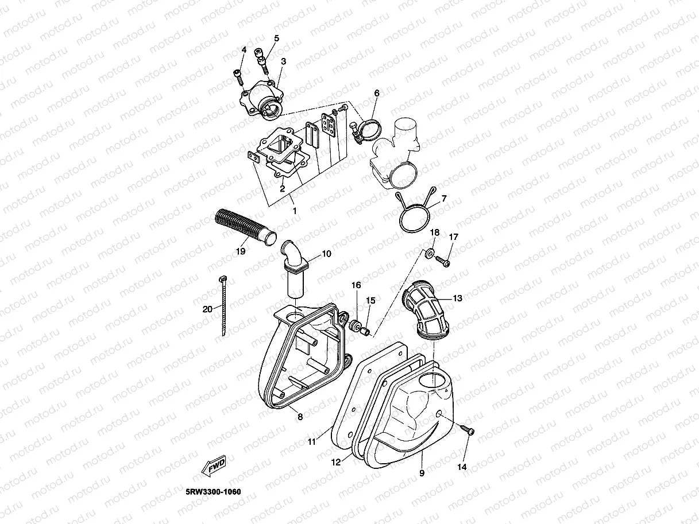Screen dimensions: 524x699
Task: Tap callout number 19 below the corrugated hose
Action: [240, 251]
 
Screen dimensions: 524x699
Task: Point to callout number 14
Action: [462, 467]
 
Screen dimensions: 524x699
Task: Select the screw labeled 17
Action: [443, 262]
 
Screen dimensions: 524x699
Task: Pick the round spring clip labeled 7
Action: [415, 220]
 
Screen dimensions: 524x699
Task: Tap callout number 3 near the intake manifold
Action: [284, 61]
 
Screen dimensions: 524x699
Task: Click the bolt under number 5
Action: [264, 62]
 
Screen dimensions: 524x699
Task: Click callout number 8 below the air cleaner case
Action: [300, 417]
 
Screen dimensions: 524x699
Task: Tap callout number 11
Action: [311, 442]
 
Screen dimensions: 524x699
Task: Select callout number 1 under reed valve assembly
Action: [295, 211]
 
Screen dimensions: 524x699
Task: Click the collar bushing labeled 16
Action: [354, 325]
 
